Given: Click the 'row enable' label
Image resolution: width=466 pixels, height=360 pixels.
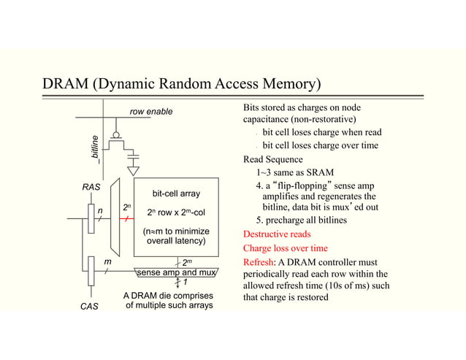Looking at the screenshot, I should point(151,112).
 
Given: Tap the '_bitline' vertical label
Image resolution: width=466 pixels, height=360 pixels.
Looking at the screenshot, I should point(93,148).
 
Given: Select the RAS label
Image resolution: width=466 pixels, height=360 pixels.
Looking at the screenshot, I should point(90,188).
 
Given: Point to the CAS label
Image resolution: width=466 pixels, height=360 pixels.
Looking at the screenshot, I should point(88,307).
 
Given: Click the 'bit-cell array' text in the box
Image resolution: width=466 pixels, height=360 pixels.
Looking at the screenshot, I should point(176,194).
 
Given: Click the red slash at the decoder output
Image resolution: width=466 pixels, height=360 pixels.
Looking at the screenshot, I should point(127,218).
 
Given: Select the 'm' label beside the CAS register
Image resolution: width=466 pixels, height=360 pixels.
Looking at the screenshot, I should point(107,261).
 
